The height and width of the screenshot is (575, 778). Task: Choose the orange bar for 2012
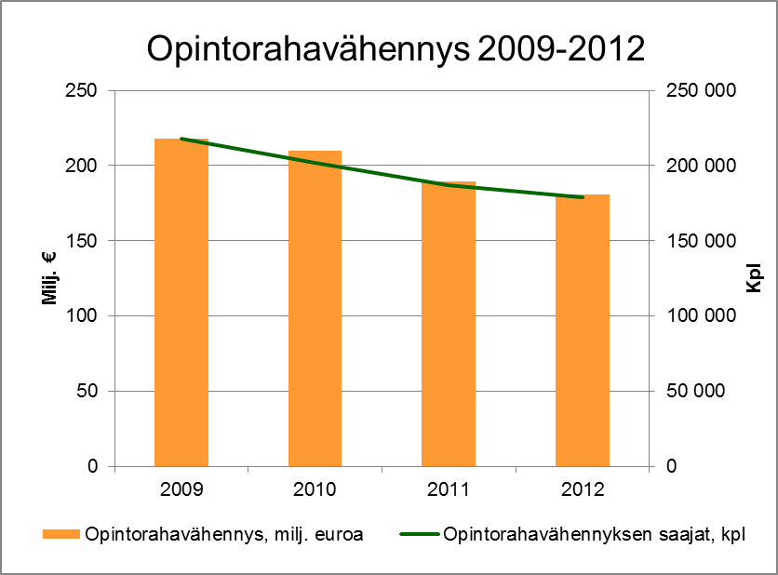pyautogui.click(x=583, y=330)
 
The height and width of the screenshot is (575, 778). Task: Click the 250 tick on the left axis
pyautogui.click(x=84, y=90)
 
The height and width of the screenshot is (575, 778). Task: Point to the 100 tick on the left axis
pyautogui.click(x=84, y=316)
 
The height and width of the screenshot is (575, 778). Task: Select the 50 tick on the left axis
pyautogui.click(x=88, y=391)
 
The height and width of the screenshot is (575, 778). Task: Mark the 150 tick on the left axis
pyautogui.click(x=84, y=241)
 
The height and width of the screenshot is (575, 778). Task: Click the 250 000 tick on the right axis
pyautogui.click(x=698, y=90)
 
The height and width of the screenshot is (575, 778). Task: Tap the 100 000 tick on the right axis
pyautogui.click(x=698, y=316)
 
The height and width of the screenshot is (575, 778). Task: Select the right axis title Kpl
pyautogui.click(x=754, y=278)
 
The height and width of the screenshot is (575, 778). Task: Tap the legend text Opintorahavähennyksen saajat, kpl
pyautogui.click(x=596, y=535)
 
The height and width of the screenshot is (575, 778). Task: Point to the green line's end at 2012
pyautogui.click(x=583, y=197)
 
